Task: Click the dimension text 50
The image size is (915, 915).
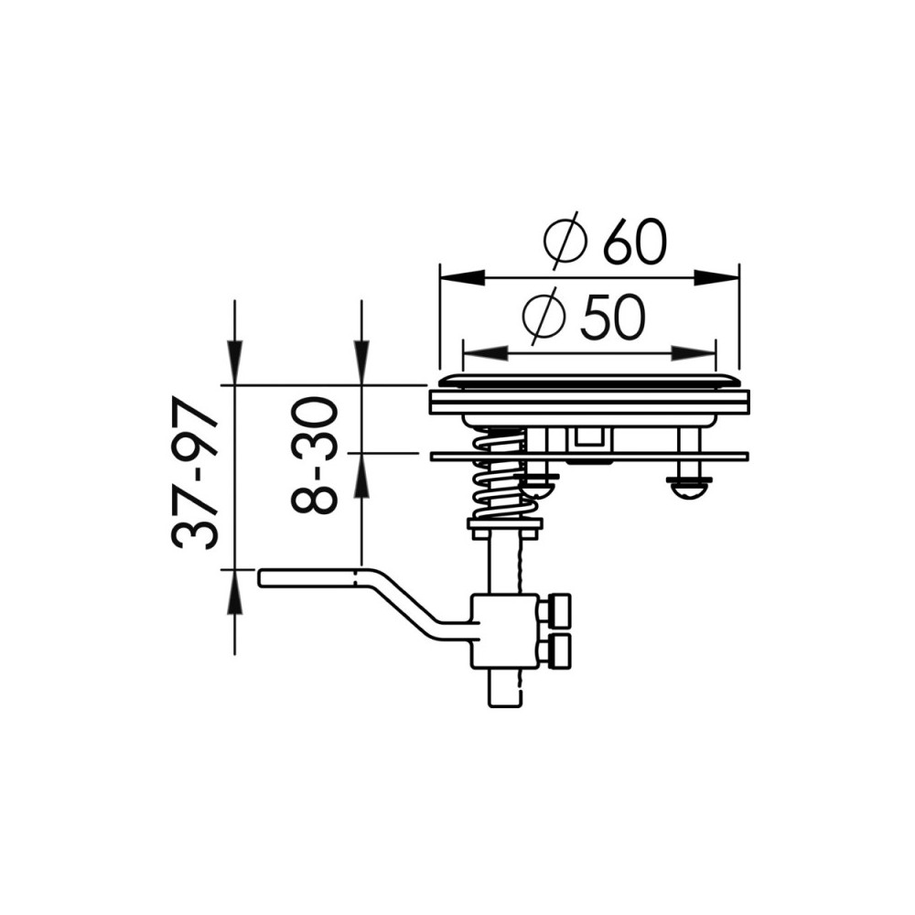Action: point(613,318)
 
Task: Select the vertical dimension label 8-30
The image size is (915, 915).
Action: point(315,456)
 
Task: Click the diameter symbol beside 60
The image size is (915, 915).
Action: point(564,241)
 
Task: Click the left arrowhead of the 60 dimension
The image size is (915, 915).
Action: point(462,278)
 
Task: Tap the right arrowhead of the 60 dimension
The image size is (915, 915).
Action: point(716,278)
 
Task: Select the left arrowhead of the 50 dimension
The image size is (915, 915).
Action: point(484,353)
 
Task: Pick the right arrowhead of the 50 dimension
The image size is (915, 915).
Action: point(693,353)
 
